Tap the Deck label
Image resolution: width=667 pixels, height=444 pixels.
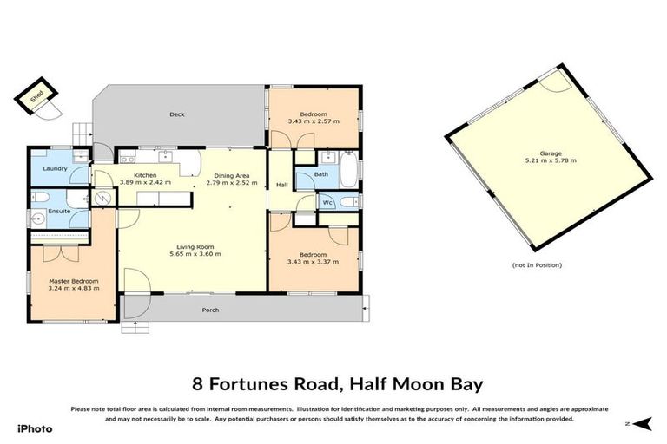(x=177, y=114)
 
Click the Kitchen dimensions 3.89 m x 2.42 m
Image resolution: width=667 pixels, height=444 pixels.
(x=144, y=183)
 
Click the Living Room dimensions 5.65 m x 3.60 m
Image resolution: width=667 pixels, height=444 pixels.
(x=194, y=254)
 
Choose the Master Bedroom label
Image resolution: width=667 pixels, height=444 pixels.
(x=73, y=281)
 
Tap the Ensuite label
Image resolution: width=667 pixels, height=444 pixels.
(x=59, y=211)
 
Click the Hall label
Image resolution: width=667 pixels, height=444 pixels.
(x=281, y=185)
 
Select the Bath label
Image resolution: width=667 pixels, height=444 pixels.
(x=321, y=174)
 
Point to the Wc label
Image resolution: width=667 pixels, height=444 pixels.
(x=327, y=203)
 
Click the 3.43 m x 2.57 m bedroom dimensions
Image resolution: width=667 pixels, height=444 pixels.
(x=314, y=122)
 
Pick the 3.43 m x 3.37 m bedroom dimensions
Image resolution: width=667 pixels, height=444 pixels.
(x=314, y=262)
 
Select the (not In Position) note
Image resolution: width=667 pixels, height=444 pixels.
(x=537, y=264)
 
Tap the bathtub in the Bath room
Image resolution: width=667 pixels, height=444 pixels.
(x=347, y=170)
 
